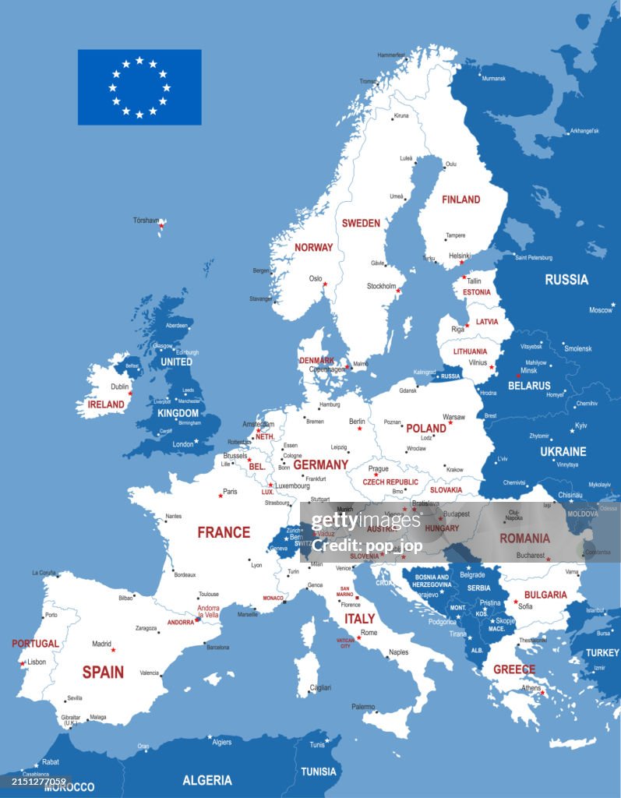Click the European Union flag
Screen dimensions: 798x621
[139, 87]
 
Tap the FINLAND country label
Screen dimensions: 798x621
[461, 199]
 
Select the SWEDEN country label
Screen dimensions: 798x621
[361, 223]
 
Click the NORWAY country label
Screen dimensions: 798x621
[313, 247]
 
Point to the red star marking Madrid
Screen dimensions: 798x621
[114, 649]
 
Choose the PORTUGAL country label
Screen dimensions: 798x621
[35, 644]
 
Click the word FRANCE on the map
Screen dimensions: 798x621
[224, 532]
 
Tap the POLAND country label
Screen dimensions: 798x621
[426, 428]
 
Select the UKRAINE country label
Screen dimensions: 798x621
[563, 451]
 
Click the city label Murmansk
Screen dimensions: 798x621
[493, 78]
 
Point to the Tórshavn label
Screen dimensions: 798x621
[146, 221]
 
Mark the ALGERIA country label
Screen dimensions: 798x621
[207, 779]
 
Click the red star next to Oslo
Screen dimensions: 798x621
[326, 284]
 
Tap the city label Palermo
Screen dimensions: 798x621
[363, 707]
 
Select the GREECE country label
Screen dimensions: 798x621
[514, 669]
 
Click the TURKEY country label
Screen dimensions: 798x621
[602, 652]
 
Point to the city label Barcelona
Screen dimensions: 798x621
[218, 647]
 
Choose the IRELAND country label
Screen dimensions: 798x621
[106, 404]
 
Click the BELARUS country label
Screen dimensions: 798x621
[529, 385]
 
